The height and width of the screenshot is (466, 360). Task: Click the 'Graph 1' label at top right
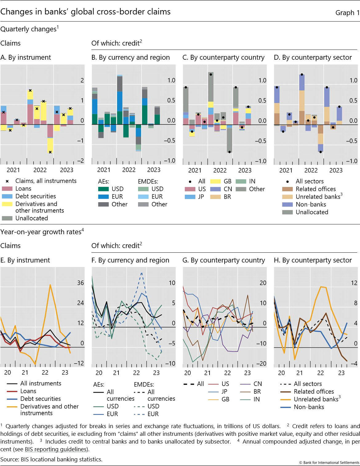[347, 13]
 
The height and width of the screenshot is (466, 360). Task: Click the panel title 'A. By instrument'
[26, 58]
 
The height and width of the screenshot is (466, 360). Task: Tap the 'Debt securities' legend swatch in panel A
[7, 196]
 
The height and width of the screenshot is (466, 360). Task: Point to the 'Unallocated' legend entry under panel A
[31, 218]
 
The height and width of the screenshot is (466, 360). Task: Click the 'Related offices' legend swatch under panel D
[287, 189]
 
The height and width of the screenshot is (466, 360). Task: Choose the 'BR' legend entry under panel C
[227, 197]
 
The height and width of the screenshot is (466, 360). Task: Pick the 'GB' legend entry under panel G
[225, 399]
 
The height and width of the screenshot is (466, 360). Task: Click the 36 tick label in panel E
[80, 283]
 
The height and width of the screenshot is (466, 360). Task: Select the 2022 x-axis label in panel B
[129, 170]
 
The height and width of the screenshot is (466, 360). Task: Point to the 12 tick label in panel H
[354, 283]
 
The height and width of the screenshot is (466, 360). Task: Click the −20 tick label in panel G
[261, 364]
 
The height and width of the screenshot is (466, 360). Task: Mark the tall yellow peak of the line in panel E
[50, 285]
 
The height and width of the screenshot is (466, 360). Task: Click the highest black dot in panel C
[211, 74]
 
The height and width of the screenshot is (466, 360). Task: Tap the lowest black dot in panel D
[321, 152]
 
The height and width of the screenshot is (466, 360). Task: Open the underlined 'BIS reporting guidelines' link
[56, 449]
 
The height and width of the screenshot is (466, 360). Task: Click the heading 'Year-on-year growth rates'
[41, 232]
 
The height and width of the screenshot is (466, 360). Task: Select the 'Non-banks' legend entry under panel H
[309, 407]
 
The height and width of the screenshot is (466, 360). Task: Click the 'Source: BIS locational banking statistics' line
[51, 459]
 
